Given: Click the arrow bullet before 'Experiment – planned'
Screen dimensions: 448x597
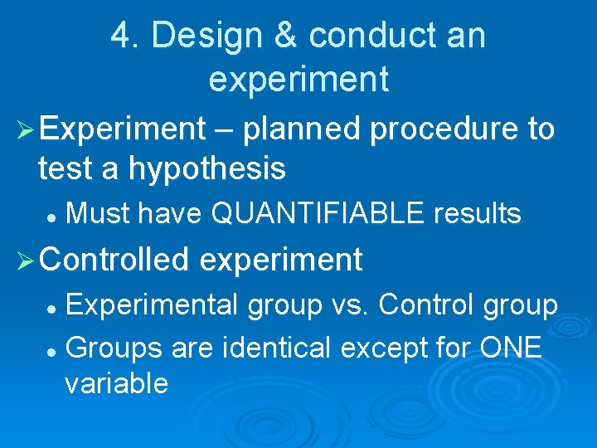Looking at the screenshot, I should (24, 129).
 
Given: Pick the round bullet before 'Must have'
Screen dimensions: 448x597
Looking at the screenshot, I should (51, 216).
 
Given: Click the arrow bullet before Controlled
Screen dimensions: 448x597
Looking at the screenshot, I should (24, 261).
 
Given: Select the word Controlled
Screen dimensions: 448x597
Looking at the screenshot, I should (115, 260).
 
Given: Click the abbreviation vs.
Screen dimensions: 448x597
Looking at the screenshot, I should (348, 305).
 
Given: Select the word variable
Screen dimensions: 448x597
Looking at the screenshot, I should (116, 383).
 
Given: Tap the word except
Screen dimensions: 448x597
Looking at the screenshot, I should (389, 347).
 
